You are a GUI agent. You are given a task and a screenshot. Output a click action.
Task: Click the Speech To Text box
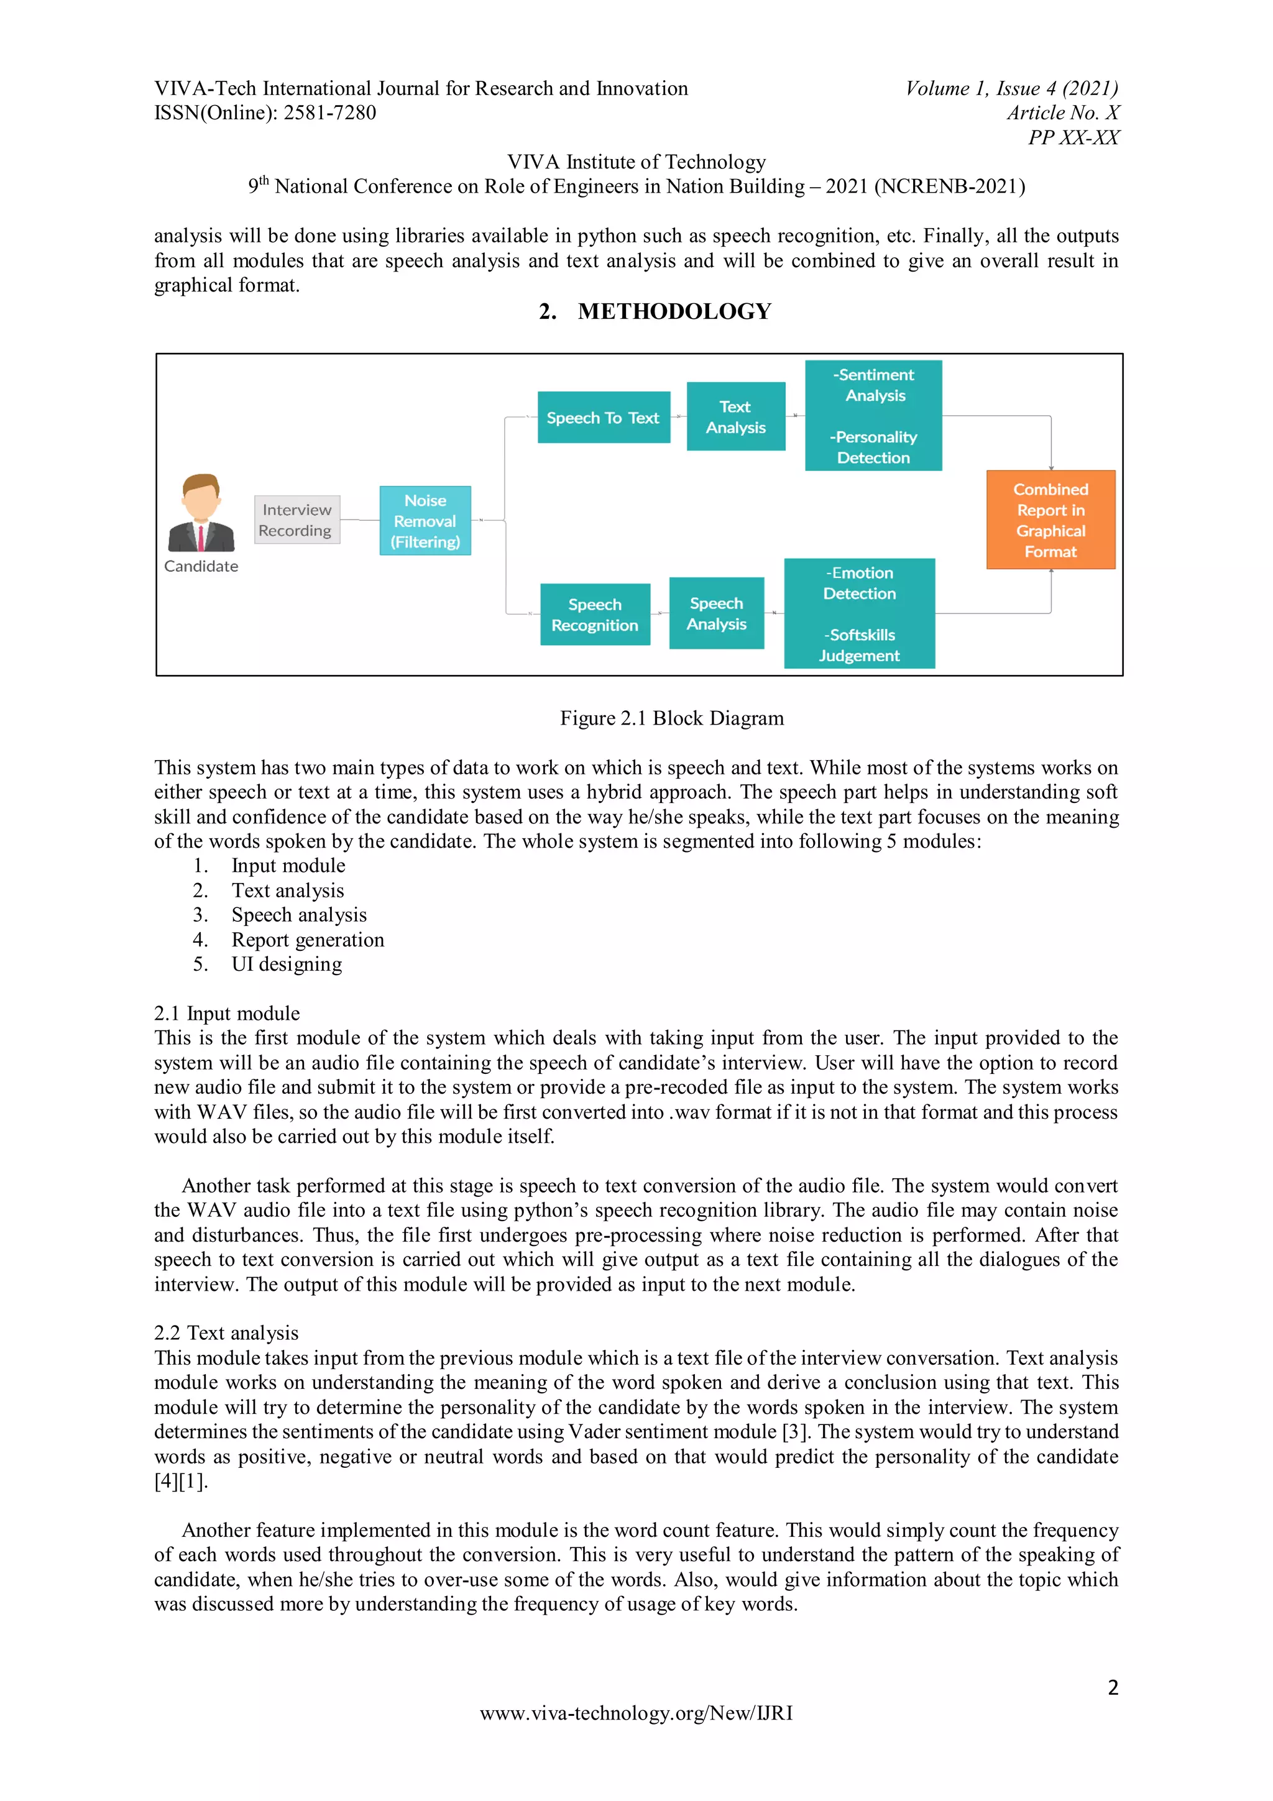click(x=603, y=417)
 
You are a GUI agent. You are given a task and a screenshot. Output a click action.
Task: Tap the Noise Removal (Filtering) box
click(x=425, y=521)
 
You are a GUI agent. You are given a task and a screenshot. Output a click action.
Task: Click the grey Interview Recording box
click(x=296, y=520)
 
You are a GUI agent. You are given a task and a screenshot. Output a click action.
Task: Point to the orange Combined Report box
click(x=1050, y=520)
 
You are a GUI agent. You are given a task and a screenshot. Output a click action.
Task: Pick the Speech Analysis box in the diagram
click(x=716, y=613)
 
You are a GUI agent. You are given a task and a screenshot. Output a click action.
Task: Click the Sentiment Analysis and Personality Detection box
click(x=873, y=416)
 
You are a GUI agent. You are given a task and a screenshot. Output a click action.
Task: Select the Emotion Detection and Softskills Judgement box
click(x=859, y=613)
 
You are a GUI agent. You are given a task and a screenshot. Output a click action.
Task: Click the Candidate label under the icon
click(x=201, y=566)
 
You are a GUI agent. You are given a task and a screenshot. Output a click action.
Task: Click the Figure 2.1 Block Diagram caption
click(x=671, y=718)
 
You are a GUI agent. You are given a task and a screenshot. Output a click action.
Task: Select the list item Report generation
click(x=308, y=940)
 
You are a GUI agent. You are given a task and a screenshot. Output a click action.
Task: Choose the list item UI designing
click(x=287, y=964)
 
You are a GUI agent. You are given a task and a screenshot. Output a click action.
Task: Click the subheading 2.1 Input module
click(x=227, y=1014)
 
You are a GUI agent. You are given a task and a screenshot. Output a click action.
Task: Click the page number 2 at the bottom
click(x=1112, y=1687)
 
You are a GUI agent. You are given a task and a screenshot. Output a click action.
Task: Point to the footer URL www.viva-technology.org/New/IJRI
click(x=636, y=1713)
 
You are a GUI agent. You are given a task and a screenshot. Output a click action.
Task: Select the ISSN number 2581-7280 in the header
click(x=329, y=113)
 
